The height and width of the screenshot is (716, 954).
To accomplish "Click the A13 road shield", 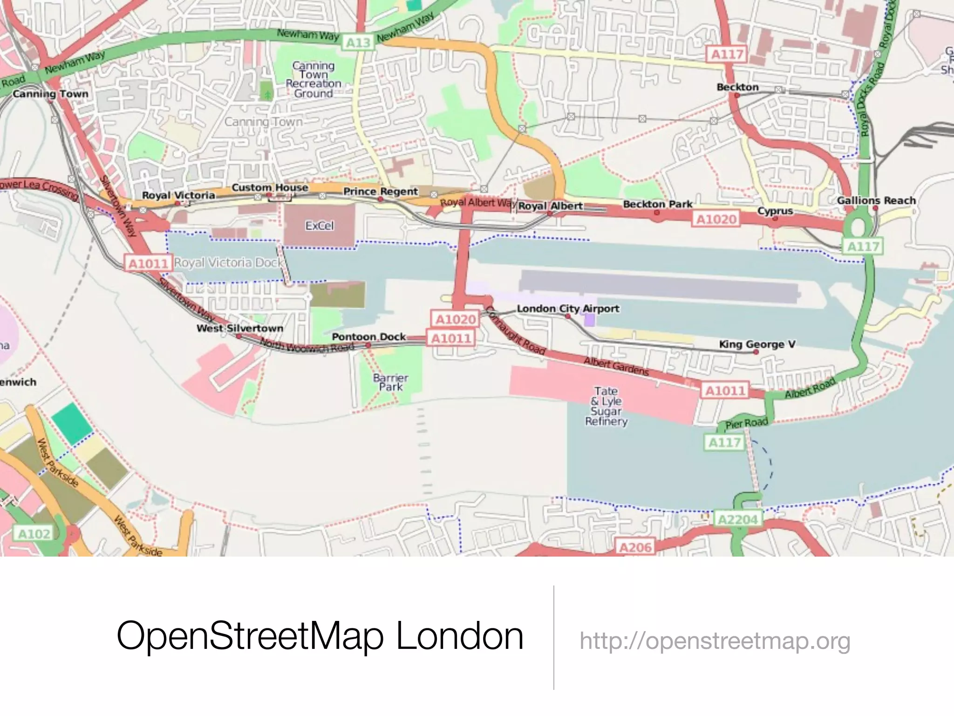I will coord(358,43).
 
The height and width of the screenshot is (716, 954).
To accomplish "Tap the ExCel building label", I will coord(320,226).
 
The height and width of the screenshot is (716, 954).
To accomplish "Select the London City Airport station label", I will coord(568,309).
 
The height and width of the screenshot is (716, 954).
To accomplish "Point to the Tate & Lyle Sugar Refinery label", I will coord(606,406).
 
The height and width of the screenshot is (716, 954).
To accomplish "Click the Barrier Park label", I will coord(390,382).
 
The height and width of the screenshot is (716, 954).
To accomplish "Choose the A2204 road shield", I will coord(738,519).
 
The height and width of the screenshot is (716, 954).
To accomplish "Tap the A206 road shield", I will coord(635,547).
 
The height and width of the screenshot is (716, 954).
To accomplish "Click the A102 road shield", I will coord(34,534).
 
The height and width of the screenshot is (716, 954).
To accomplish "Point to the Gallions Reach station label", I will coord(876,200).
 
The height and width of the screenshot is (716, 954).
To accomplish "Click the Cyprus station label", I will coord(775,211).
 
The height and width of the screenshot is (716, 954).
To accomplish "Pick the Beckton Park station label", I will coord(657,204).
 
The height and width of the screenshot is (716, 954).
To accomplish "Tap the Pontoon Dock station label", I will coord(368,337).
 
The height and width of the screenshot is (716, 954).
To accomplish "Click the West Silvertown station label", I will coord(240,328).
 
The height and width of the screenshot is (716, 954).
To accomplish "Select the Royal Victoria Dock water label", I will coord(228,263).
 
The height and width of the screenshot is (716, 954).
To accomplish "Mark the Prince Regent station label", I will coord(381,192).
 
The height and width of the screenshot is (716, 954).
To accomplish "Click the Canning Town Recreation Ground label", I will coord(313,79).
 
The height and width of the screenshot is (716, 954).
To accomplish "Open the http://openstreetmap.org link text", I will coord(715,641).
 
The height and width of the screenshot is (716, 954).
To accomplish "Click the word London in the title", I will coord(460,636).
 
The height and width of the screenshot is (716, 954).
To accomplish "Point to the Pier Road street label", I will coord(747,423).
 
